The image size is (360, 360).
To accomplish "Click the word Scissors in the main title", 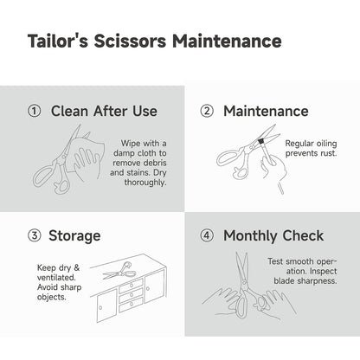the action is pos(130,41).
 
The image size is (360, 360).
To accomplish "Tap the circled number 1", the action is pos(34,111).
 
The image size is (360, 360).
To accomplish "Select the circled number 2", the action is pos(207,111).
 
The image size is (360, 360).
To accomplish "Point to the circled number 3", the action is pos(34,235).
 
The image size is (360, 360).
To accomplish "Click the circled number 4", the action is pos(207,235).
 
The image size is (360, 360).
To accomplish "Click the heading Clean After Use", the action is pos(104,111).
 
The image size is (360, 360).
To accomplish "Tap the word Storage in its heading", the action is pos(74,236).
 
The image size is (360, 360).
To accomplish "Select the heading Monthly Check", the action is pos(273,236).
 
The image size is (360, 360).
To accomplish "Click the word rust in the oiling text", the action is pos(329,153).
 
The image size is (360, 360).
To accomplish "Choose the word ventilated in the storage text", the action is pos(56,278).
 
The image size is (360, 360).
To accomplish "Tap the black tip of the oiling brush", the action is pos(261,141).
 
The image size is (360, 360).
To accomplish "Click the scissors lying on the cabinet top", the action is pos(119,271).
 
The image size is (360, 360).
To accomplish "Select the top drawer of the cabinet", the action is pos(131,285).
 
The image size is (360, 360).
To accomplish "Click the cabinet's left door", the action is pos(106,305).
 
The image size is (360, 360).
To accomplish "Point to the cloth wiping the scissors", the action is pos(85,156).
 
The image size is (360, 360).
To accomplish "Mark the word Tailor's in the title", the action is pos(58,41).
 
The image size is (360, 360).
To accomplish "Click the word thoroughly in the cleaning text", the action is pos(145,183).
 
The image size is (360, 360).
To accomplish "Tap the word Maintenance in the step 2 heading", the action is pos(266,111).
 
